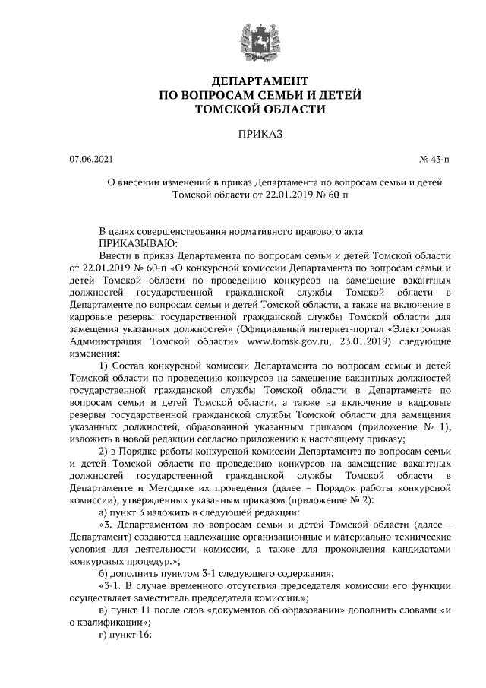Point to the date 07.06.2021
[91, 160]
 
